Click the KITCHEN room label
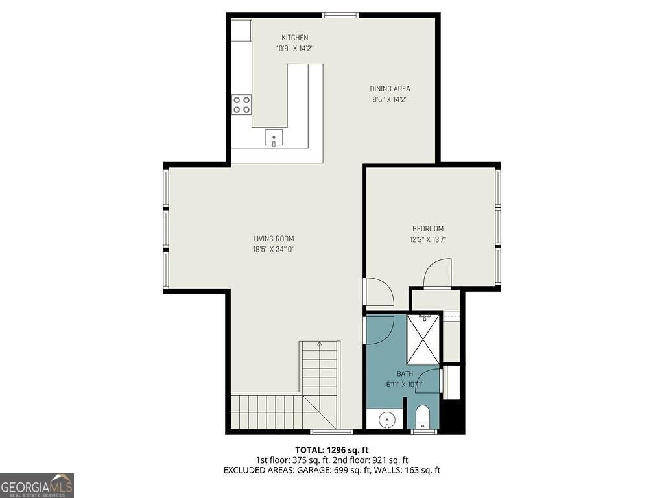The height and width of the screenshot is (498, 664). tap(295, 38)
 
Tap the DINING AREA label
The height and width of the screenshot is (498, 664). tap(390, 89)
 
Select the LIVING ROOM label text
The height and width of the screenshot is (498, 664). tap(274, 239)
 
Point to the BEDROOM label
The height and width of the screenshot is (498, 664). tap(428, 229)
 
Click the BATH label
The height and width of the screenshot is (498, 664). tap(405, 374)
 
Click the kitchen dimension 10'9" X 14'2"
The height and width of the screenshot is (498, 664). tap(295, 49)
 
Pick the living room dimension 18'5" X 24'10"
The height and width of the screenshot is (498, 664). tap(274, 250)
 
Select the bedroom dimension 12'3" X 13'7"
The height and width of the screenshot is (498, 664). tap(428, 240)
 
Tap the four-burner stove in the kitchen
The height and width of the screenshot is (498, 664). tap(241, 104)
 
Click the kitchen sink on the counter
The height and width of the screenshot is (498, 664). tap(274, 138)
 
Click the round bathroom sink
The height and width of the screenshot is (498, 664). tap(387, 420)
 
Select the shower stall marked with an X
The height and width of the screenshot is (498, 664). tap(423, 339)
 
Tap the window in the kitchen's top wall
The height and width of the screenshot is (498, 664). tap(340, 16)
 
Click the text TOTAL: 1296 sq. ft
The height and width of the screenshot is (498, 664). tap(329, 450)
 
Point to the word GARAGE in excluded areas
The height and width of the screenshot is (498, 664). tap(300, 470)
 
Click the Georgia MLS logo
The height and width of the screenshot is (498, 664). tap(37, 486)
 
